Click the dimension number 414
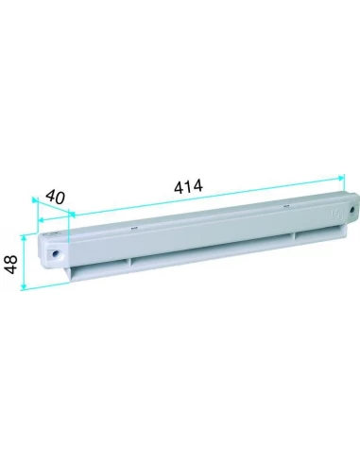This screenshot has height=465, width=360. click(188, 187)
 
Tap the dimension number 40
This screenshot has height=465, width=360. click(55, 198)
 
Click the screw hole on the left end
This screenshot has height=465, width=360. click(58, 253)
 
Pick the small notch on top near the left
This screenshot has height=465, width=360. click(132, 228)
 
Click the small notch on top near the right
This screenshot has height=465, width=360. click(281, 204)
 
